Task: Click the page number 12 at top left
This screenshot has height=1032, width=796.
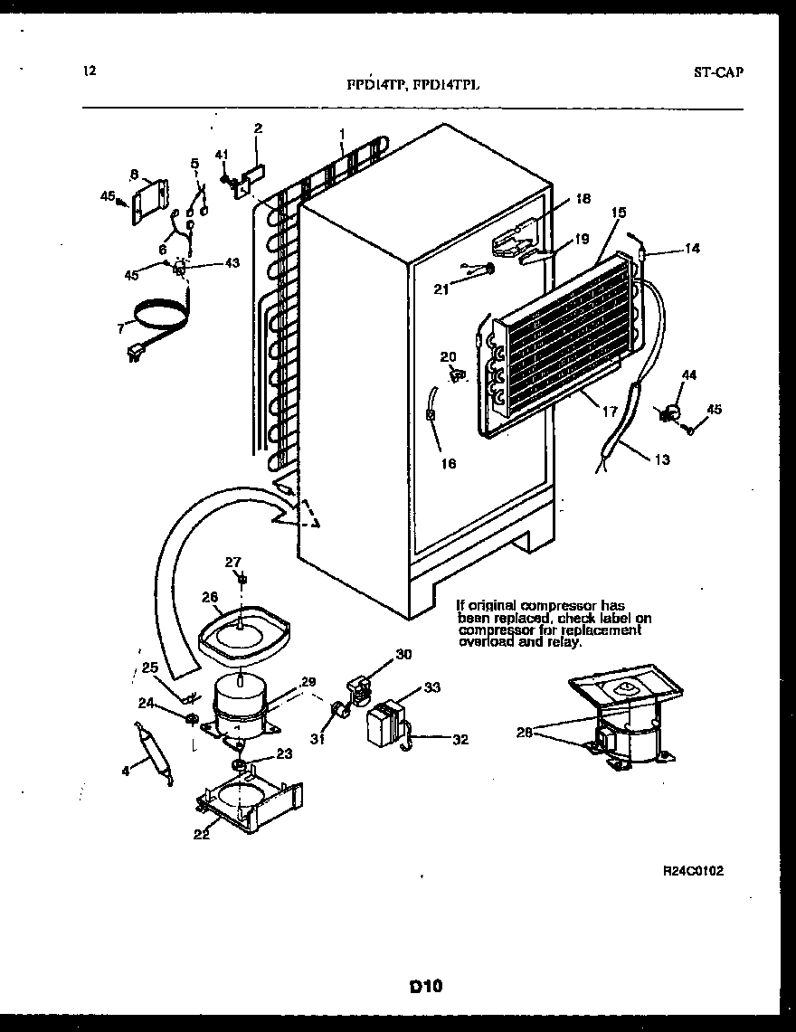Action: tap(89, 71)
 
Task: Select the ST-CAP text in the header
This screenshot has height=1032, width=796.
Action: tap(718, 72)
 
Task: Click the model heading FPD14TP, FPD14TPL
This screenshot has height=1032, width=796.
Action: tap(413, 84)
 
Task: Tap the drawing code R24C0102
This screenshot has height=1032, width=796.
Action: tap(693, 871)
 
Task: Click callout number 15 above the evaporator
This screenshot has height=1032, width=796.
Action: tap(619, 213)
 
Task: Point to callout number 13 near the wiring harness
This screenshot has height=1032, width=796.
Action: tap(662, 459)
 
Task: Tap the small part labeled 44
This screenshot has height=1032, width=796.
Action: tap(670, 412)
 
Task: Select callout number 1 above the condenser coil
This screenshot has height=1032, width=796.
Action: tap(342, 133)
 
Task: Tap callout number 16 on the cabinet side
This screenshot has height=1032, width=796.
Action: tap(449, 464)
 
